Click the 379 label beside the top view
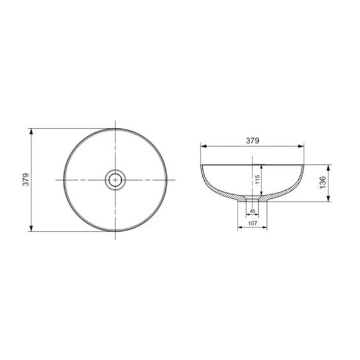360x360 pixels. pyautogui.click(x=26, y=179)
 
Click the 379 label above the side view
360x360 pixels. pyautogui.click(x=252, y=141)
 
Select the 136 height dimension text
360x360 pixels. pyautogui.click(x=323, y=182)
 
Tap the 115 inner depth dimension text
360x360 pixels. pyautogui.click(x=257, y=179)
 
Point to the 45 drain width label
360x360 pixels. pyautogui.click(x=252, y=211)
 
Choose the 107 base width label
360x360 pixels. pyautogui.click(x=252, y=223)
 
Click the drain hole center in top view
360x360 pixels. pyautogui.click(x=115, y=180)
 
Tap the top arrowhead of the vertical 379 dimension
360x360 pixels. pyautogui.click(x=31, y=132)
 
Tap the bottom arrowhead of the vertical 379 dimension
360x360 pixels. pyautogui.click(x=31, y=228)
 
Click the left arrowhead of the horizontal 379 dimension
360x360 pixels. pyautogui.click(x=204, y=146)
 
